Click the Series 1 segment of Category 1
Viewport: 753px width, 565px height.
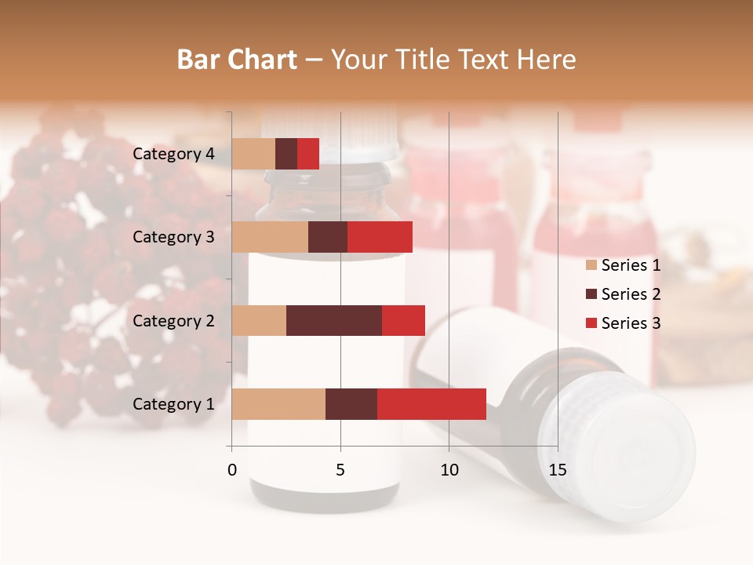[278, 403]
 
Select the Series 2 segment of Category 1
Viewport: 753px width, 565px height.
[351, 403]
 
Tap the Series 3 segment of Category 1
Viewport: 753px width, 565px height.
[431, 403]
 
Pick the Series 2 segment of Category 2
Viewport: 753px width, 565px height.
[334, 320]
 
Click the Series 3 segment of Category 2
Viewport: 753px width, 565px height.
[403, 320]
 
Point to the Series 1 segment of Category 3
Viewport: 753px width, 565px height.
[270, 237]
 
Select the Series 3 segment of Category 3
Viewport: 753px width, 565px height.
[380, 237]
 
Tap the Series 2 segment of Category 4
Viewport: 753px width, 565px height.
[286, 154]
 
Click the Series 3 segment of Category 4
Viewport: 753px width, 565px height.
[308, 154]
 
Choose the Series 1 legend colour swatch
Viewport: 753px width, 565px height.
[591, 265]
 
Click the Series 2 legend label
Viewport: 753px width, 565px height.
[631, 294]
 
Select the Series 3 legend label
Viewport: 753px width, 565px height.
[631, 323]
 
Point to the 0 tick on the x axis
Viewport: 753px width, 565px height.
[232, 470]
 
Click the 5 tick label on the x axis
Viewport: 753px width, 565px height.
[340, 470]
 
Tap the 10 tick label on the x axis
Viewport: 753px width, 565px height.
[449, 470]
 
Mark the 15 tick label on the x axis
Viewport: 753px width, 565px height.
[557, 470]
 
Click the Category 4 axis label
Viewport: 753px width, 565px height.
[173, 154]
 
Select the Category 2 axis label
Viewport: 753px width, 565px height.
[173, 320]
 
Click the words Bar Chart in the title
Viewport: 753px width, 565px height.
[237, 60]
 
